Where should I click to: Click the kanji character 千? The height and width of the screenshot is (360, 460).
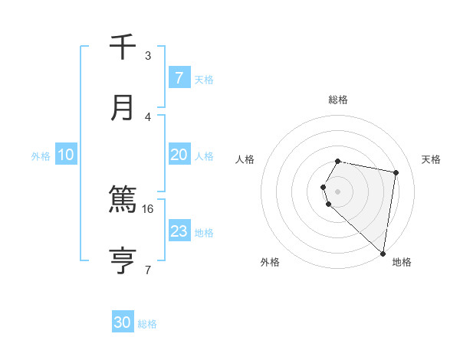[x=123, y=47]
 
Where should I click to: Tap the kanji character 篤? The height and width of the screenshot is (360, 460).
[x=123, y=201]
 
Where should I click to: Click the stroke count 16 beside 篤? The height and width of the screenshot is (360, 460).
[x=148, y=208]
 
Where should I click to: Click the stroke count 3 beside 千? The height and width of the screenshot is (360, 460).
[x=148, y=55]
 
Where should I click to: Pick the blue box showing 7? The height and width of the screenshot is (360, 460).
[x=179, y=78]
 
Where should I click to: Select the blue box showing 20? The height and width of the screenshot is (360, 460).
[x=179, y=155]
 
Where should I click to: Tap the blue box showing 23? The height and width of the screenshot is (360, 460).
[x=179, y=231]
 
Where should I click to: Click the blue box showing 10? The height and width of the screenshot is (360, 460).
[x=66, y=155]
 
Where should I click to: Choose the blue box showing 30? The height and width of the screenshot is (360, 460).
[x=123, y=322]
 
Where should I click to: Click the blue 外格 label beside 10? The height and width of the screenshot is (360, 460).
[x=41, y=155]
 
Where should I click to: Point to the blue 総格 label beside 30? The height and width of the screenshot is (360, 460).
[x=147, y=324]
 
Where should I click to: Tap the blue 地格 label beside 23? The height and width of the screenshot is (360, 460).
[x=204, y=232]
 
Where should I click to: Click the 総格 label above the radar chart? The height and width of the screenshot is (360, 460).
[x=338, y=100]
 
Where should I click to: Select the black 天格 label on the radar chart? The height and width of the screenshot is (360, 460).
[x=431, y=159]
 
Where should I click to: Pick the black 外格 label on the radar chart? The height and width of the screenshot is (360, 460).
[x=270, y=262]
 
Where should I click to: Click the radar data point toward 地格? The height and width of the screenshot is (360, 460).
[x=383, y=253]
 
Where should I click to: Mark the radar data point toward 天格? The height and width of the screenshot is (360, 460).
[x=396, y=172]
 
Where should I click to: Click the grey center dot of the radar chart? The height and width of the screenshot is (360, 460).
[x=338, y=191]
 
